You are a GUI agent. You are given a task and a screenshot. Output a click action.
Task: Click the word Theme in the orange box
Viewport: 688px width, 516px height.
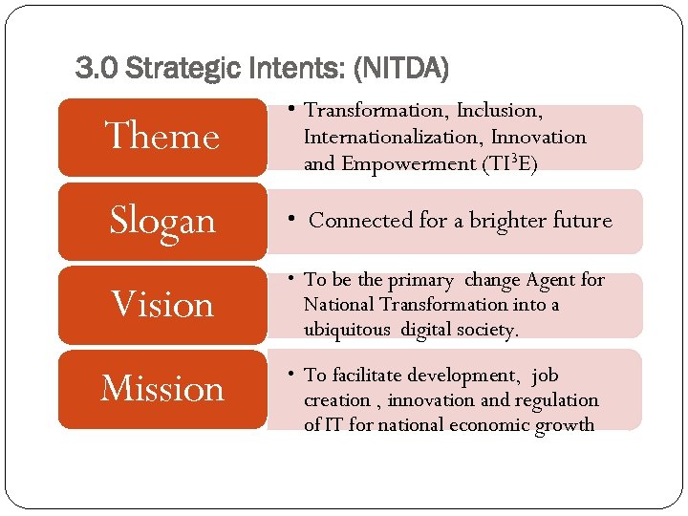pos(162,137)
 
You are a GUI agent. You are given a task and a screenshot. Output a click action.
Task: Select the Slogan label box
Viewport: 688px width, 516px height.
pos(162,221)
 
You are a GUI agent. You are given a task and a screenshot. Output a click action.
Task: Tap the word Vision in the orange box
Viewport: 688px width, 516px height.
pos(162,305)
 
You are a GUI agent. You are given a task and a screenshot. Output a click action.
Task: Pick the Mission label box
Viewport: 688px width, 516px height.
pos(162,389)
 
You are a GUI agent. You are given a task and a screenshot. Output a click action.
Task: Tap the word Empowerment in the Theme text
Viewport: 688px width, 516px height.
pos(408,163)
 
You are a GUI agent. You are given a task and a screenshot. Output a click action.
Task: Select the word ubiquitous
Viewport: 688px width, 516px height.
pos(348,330)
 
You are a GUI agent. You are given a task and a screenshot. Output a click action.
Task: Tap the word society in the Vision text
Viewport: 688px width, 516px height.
pos(485,330)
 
